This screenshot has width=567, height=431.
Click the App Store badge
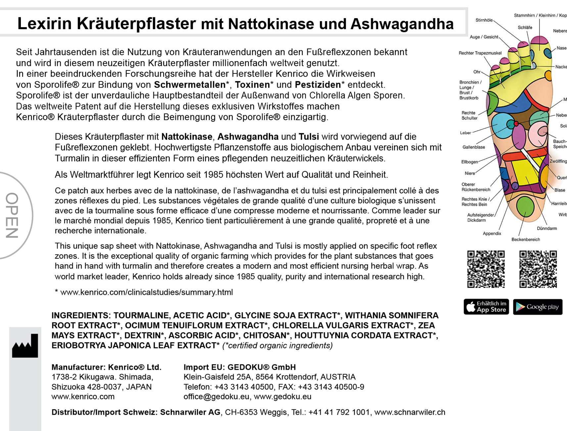click(x=486, y=307)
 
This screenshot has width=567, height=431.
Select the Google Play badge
click(x=538, y=307)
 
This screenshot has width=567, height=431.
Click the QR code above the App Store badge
click(x=486, y=269)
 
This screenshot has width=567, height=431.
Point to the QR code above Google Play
click(x=538, y=269)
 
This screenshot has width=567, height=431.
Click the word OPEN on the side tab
click(x=12, y=215)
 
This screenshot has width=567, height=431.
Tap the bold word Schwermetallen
click(x=190, y=85)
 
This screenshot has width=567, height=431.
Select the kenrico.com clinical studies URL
click(x=146, y=292)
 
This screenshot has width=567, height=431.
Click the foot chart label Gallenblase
click(x=473, y=147)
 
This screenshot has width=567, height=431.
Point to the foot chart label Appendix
click(x=492, y=234)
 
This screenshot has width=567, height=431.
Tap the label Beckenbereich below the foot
click(x=526, y=239)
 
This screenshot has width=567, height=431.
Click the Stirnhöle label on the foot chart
click(x=484, y=20)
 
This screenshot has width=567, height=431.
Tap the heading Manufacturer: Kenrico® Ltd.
click(x=106, y=367)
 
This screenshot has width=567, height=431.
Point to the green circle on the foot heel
click(x=525, y=206)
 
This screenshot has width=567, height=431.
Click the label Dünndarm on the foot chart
click(x=546, y=228)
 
